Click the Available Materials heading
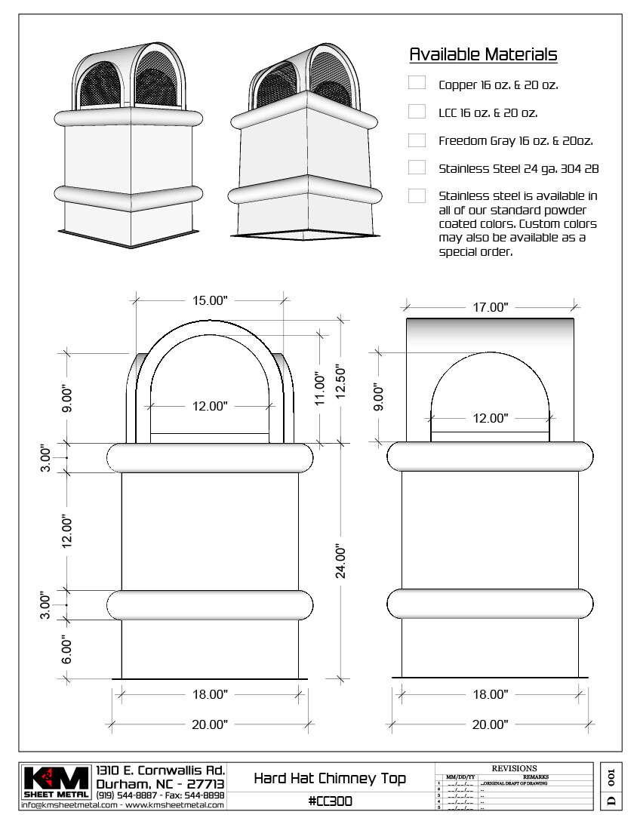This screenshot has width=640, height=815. click(x=483, y=54)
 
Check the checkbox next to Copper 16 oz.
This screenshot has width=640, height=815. click(x=417, y=83)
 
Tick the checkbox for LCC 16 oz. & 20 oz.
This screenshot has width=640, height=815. click(x=417, y=112)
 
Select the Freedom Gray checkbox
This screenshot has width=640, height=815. click(x=417, y=140)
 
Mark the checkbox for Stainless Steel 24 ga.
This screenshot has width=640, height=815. click(x=417, y=167)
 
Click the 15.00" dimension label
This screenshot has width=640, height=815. click(x=209, y=300)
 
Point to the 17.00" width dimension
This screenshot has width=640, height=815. click(x=490, y=307)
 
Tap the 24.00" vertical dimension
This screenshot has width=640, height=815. click(x=340, y=561)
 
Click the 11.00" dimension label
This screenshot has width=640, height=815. click(x=320, y=389)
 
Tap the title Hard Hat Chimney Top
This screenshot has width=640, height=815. click(x=330, y=778)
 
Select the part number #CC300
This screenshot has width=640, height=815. click(x=330, y=801)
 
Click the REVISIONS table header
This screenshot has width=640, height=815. click(x=514, y=768)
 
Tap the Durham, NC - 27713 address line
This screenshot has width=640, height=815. click(x=160, y=784)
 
